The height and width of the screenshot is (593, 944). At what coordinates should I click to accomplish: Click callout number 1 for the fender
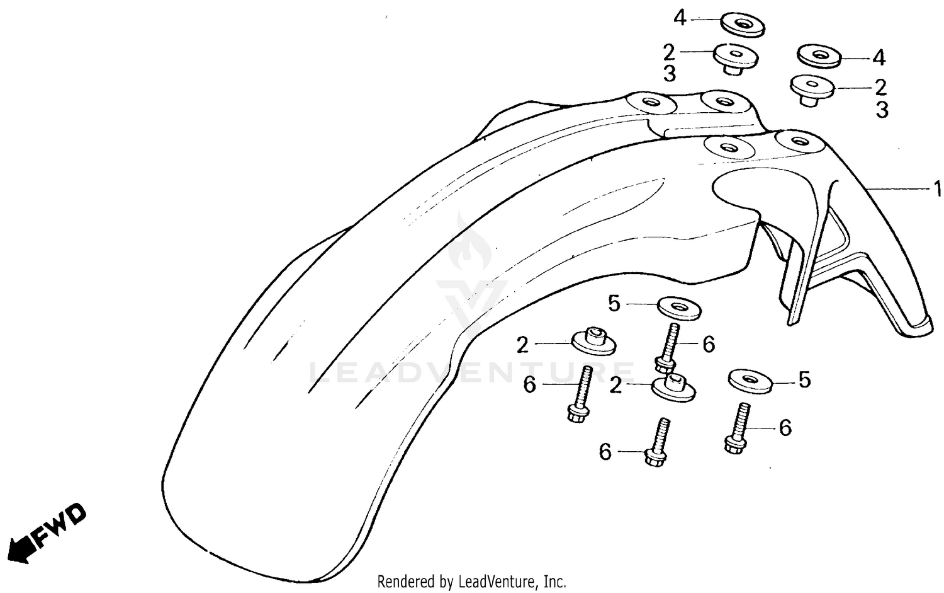point(937,188)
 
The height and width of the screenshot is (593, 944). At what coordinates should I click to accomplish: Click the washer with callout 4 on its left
point(743,25)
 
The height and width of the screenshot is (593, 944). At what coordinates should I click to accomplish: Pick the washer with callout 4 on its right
point(819,55)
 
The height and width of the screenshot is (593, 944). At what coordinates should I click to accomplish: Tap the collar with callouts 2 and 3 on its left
point(736,59)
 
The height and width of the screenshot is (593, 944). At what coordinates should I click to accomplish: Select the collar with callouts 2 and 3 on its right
point(812,90)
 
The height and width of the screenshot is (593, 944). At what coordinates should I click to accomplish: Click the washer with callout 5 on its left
point(679,308)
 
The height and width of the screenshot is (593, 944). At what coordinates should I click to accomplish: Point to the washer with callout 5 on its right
point(751,381)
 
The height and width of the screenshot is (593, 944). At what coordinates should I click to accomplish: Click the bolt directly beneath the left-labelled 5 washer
point(668,348)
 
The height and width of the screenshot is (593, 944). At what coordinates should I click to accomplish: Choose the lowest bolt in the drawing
point(656,442)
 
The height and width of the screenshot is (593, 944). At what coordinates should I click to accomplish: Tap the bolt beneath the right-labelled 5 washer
point(737,428)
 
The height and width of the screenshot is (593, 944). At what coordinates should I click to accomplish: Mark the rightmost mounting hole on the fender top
point(799,140)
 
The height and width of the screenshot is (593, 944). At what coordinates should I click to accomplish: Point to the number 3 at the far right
point(882,110)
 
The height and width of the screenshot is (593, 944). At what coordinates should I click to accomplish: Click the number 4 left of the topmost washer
point(680,18)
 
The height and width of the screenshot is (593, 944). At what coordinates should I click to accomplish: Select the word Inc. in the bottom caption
point(555,582)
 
